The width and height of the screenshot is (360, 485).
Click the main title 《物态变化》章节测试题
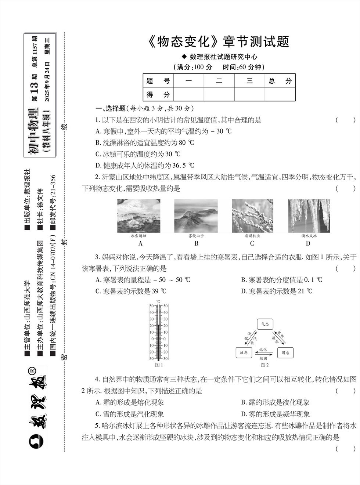click(219, 42)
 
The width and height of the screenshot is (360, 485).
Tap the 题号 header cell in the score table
click(158, 81)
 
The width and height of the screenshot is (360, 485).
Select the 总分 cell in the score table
click(280, 81)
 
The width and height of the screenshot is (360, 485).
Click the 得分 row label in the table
click(158, 94)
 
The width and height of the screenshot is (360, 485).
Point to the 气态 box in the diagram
click(265, 324)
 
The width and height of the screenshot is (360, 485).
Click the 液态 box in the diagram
click(244, 352)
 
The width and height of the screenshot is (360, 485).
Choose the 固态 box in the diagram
click(285, 352)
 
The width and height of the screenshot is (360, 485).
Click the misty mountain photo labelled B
click(196, 216)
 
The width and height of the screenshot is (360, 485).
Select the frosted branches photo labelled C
click(252, 216)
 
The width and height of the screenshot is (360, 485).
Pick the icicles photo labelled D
click(309, 216)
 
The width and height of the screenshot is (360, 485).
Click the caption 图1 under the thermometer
click(159, 365)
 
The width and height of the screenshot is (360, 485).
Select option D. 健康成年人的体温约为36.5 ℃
click(145, 165)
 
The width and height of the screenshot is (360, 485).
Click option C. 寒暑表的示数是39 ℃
click(131, 291)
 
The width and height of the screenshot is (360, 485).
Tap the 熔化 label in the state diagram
click(263, 350)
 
